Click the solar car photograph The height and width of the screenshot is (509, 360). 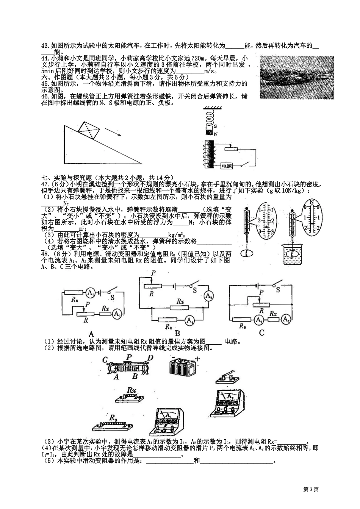coord(297,77)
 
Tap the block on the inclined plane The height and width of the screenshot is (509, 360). coord(89,130)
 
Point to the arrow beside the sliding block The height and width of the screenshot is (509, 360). coord(113,132)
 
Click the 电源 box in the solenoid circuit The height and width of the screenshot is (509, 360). coord(227,166)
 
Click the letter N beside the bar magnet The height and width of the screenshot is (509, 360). coord(216,134)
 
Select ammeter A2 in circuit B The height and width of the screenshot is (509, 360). coord(208,296)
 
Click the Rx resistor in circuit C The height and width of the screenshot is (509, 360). coord(273,319)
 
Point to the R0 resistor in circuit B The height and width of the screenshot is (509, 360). coord(167,320)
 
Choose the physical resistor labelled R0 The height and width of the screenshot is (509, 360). coord(112,425)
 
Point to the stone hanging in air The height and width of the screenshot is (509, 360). coord(247,253)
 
